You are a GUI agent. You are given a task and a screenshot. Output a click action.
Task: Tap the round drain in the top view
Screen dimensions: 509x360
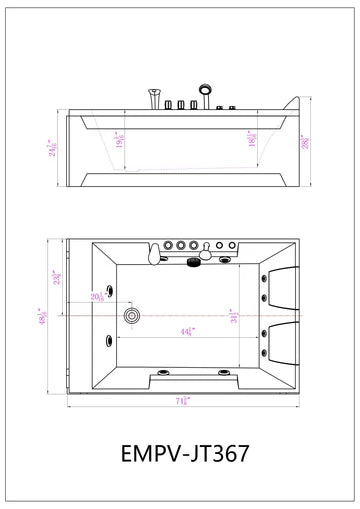(131, 317)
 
